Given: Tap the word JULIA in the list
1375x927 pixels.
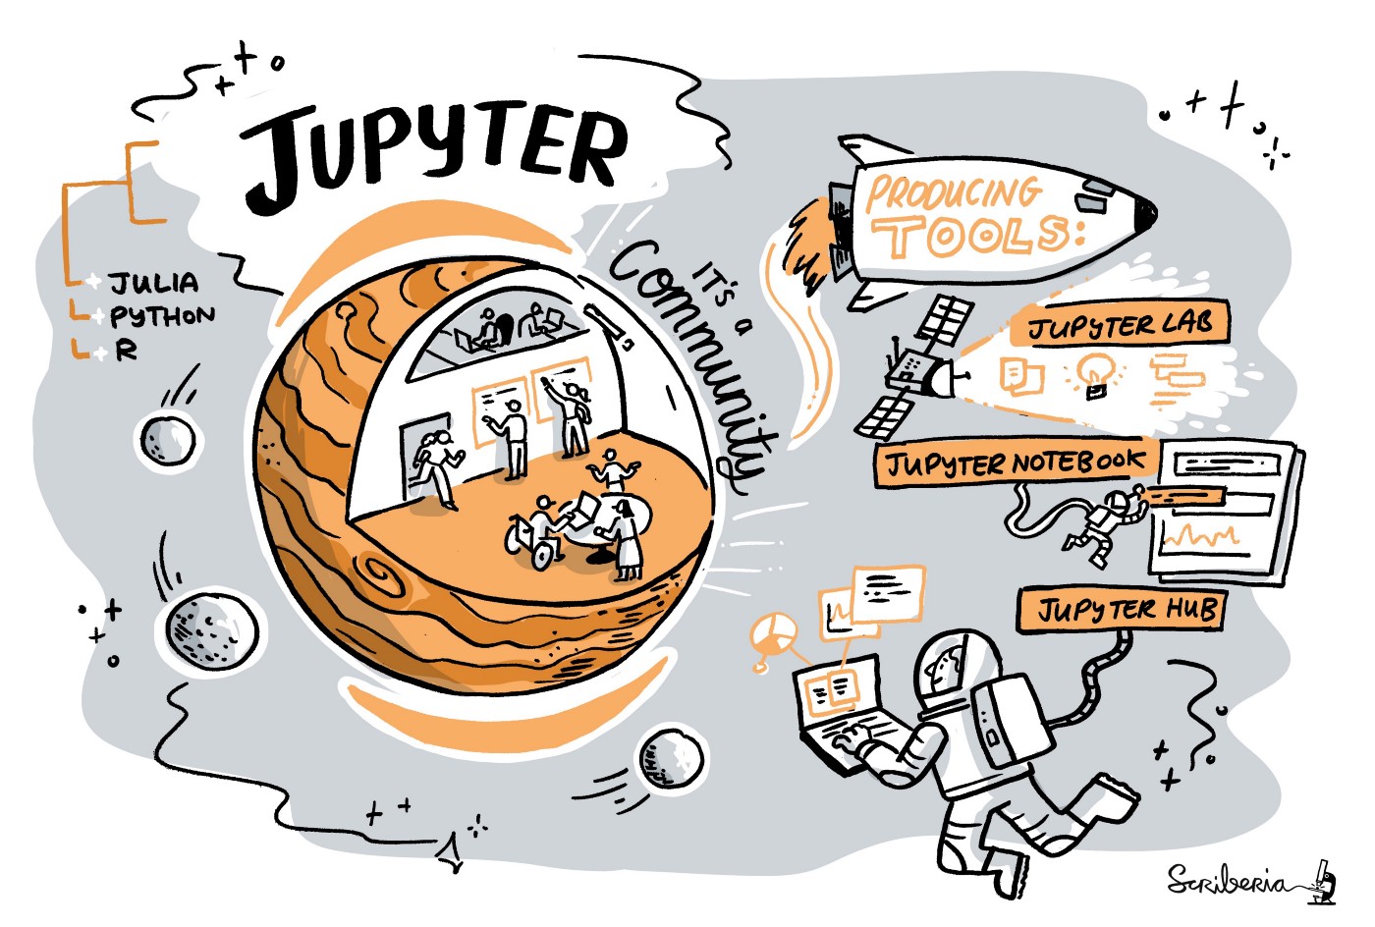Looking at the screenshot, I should (x=154, y=284).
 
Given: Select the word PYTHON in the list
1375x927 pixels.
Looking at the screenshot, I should (x=162, y=316).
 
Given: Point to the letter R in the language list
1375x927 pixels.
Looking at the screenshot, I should (x=126, y=350).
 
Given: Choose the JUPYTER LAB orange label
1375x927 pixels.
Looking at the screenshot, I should (x=1120, y=324).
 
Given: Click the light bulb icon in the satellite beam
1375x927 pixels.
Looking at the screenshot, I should (x=1093, y=373).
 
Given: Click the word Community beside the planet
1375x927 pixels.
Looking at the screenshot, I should (x=687, y=363).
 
